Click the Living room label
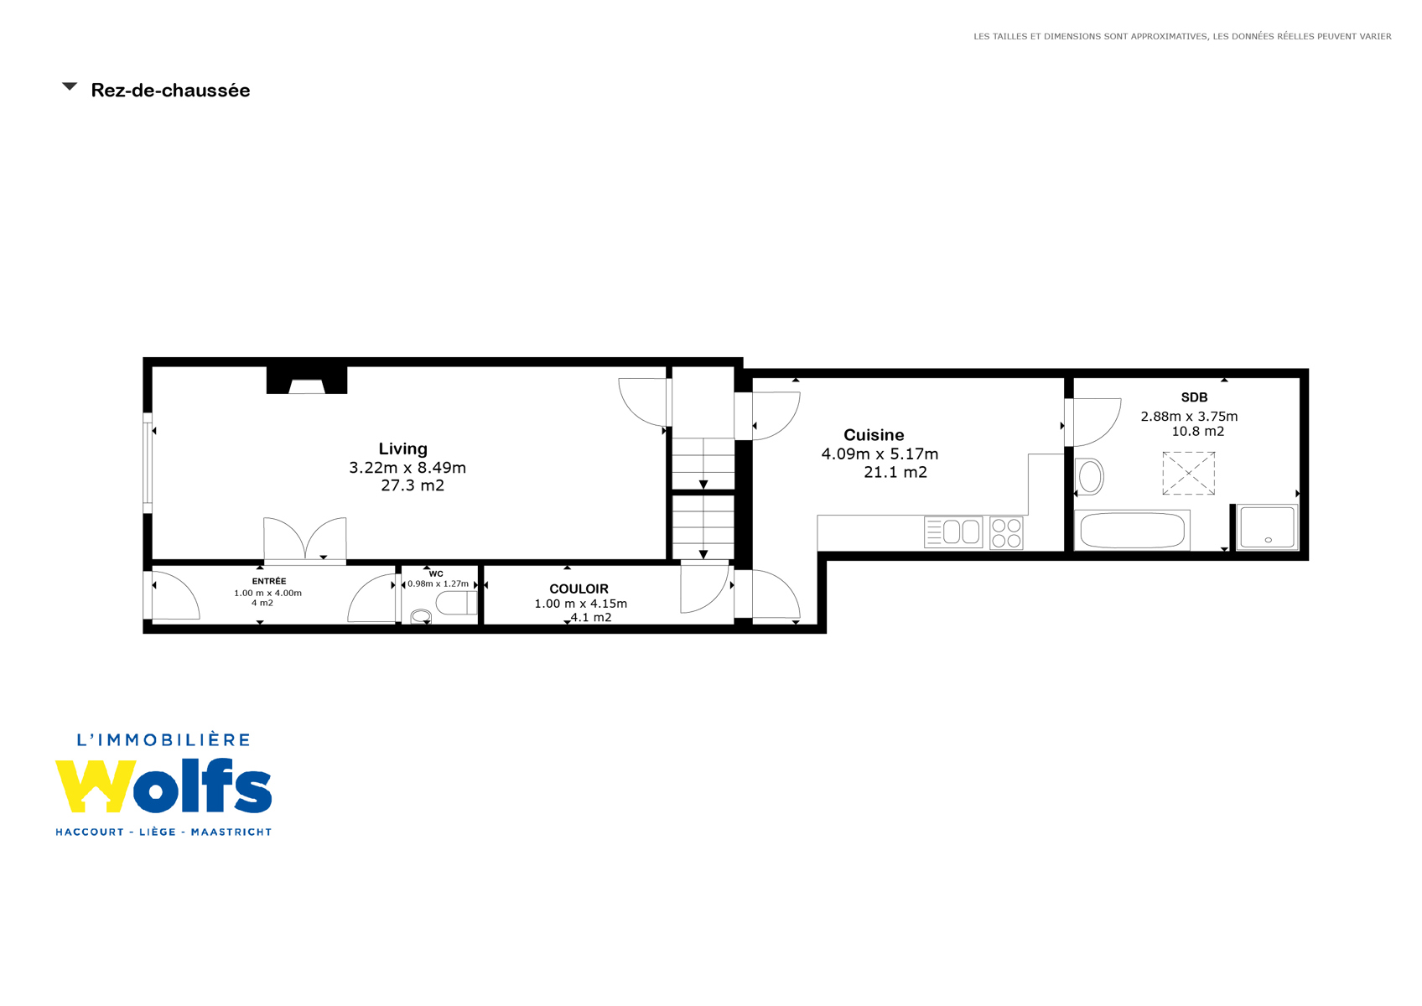[x=403, y=449]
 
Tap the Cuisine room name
[x=874, y=435]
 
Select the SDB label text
[x=1194, y=397]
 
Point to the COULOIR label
[x=579, y=589]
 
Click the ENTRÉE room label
[x=269, y=581]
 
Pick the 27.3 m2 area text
[x=413, y=485]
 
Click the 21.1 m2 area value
[x=895, y=472]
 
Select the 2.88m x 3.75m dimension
[x=1189, y=417]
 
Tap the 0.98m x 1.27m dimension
[x=438, y=584]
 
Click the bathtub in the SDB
[x=1132, y=531]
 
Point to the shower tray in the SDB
[x=1267, y=526]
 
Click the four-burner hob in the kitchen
[x=1006, y=532]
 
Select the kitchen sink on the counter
[x=953, y=532]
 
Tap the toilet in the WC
[x=456, y=602]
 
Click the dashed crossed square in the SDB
[x=1188, y=473]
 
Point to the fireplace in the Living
[x=307, y=381]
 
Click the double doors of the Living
[x=305, y=540]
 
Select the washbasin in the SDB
[x=1089, y=476]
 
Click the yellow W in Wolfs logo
[x=96, y=786]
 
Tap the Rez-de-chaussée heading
[x=171, y=91]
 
